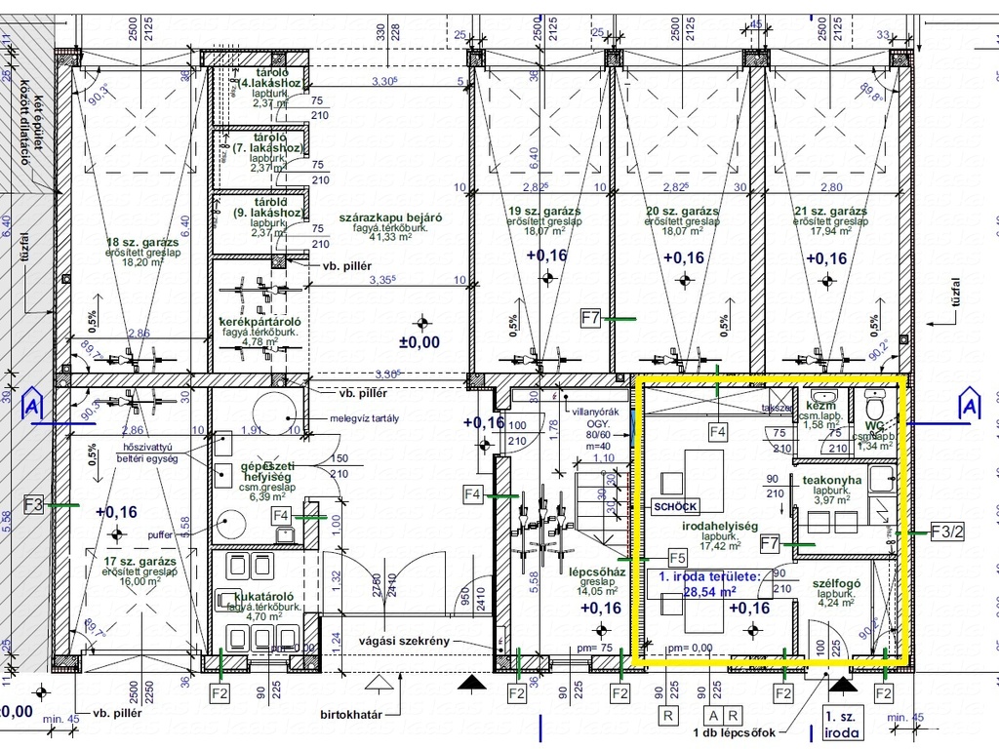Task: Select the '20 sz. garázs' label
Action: coord(682,211)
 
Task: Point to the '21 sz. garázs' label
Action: coord(830,211)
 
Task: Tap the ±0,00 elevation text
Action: coord(420,342)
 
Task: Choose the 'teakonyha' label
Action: coord(831,480)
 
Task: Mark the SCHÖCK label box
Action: coord(675,506)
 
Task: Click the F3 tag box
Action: coord(34,504)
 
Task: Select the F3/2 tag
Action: coord(946,532)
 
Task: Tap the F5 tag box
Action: coord(677,557)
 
